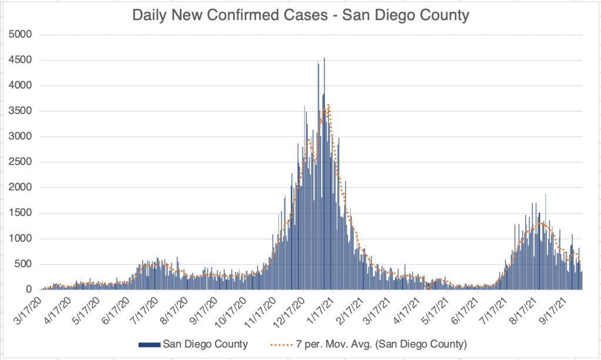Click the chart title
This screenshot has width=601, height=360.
pyautogui.click(x=300, y=15)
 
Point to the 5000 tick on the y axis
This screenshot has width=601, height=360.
pyautogui.click(x=21, y=35)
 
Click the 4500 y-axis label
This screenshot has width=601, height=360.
pyautogui.click(x=21, y=60)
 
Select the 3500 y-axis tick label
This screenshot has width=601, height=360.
pyautogui.click(x=21, y=111)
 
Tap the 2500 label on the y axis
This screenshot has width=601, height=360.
pyautogui.click(x=21, y=162)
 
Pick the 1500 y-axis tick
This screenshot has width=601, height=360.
pyautogui.click(x=21, y=213)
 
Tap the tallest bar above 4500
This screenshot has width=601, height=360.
pyautogui.click(x=324, y=59)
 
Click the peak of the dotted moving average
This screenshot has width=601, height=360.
pyautogui.click(x=328, y=105)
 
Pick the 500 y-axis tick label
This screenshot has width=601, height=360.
pyautogui.click(x=23, y=264)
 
